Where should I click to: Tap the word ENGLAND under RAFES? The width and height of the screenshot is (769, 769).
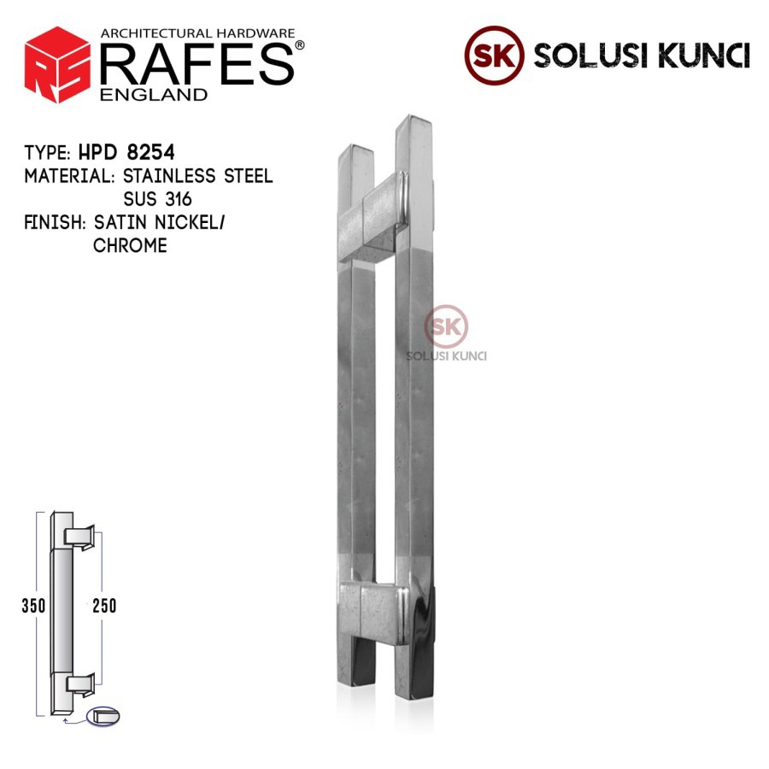click(x=154, y=94)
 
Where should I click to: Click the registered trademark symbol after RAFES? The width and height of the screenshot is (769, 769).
click(x=299, y=45)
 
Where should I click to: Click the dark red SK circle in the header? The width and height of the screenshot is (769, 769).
click(x=494, y=55)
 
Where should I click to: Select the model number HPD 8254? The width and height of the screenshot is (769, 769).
click(x=126, y=153)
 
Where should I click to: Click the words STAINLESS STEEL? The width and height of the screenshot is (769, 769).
click(x=198, y=177)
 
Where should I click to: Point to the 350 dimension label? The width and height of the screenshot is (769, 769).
click(x=33, y=606)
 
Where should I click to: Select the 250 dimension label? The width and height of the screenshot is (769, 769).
click(x=103, y=606)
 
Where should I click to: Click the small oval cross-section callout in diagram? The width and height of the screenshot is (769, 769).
click(x=103, y=716)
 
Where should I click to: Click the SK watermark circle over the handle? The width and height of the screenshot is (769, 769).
click(x=446, y=326)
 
